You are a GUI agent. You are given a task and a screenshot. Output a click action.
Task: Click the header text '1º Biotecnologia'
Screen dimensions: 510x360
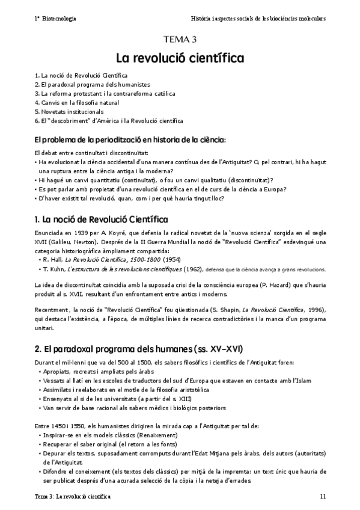coord(55,19)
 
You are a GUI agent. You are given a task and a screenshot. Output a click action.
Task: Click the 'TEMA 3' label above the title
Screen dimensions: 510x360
coord(180,40)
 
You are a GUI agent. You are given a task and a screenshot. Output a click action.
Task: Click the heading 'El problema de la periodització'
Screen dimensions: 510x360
coord(129,140)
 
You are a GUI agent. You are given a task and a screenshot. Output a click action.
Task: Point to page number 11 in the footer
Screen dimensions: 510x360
coord(323,496)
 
